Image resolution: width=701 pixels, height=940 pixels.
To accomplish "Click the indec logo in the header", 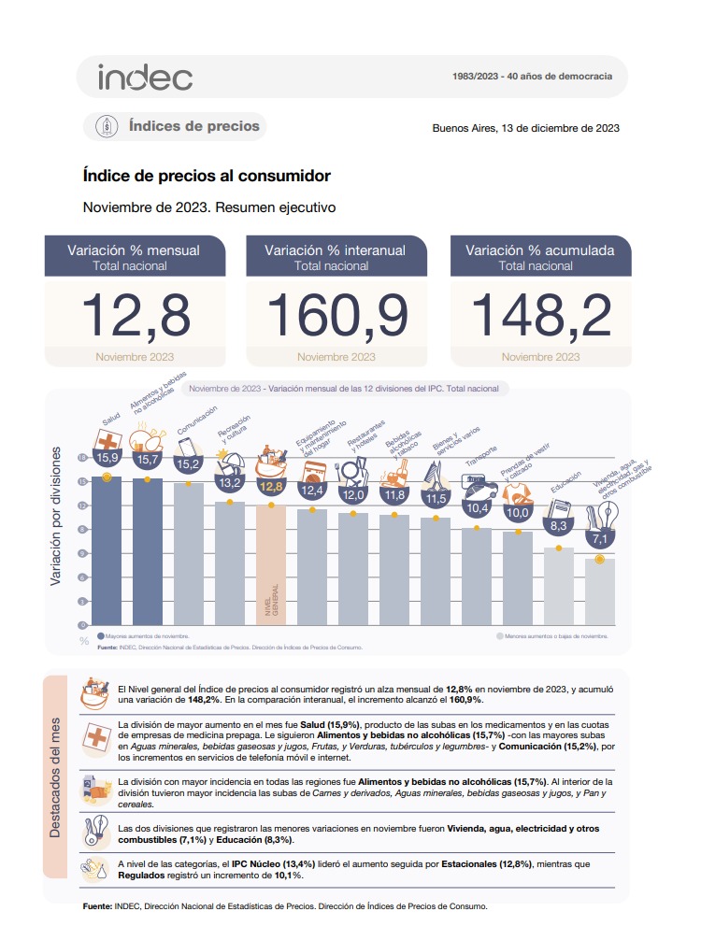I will pos(145,77).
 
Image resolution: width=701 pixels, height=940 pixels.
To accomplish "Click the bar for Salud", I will pos(107,551).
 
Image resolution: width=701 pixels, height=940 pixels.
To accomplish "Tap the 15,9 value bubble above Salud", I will pos(107,458).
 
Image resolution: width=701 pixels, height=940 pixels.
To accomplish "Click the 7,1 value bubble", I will pos(600,538).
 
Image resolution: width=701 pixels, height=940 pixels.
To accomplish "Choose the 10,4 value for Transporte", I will pos(477,508).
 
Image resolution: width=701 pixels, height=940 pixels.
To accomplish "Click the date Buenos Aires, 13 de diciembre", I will pos(525,129).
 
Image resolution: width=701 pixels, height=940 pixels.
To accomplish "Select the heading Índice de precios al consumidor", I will pos(207,175).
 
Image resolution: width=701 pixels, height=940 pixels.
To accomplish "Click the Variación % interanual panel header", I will pos(336,257).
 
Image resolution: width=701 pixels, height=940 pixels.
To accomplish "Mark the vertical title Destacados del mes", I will pos(55,772).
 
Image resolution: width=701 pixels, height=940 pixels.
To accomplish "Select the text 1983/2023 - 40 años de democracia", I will pos(531,76).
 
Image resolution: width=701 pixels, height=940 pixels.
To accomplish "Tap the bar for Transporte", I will pos(477,577).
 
